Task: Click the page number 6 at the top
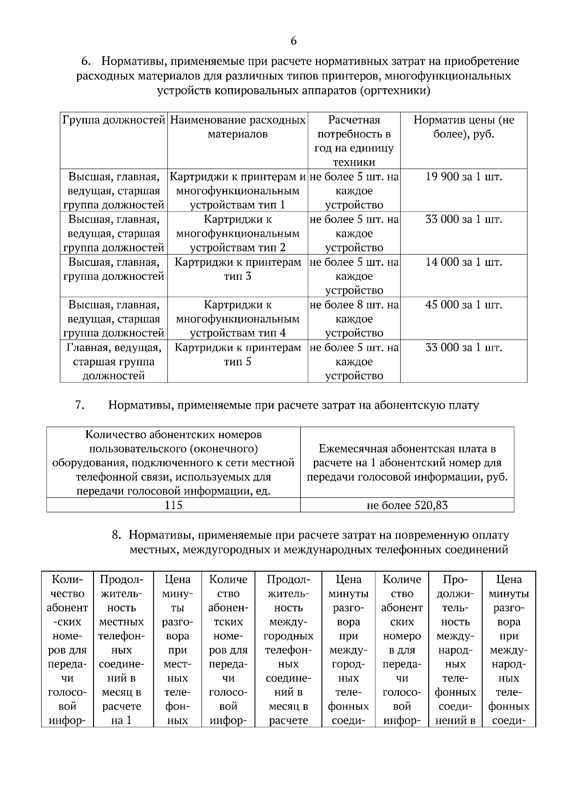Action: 294,41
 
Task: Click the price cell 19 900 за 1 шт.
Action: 463,177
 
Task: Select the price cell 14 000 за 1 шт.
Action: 463,262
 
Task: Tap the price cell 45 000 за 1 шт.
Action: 463,305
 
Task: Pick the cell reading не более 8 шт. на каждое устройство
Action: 354,319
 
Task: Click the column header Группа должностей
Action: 114,120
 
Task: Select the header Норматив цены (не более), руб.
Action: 463,127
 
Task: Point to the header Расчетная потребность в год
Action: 354,141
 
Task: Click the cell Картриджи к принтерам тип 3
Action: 237,269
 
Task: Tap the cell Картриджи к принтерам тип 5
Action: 237,354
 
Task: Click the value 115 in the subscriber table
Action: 173,505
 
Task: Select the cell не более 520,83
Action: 407,505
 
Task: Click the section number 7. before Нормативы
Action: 79,405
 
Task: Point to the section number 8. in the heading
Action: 117,535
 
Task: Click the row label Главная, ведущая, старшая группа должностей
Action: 114,361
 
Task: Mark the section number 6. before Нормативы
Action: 86,62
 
